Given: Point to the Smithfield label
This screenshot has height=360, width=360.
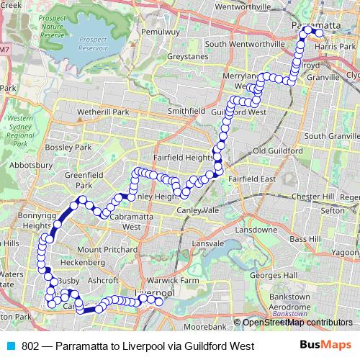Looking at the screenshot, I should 181,112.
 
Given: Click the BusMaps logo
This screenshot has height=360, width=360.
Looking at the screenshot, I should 329,346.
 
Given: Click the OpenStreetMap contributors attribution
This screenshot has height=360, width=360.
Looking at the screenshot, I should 297,322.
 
